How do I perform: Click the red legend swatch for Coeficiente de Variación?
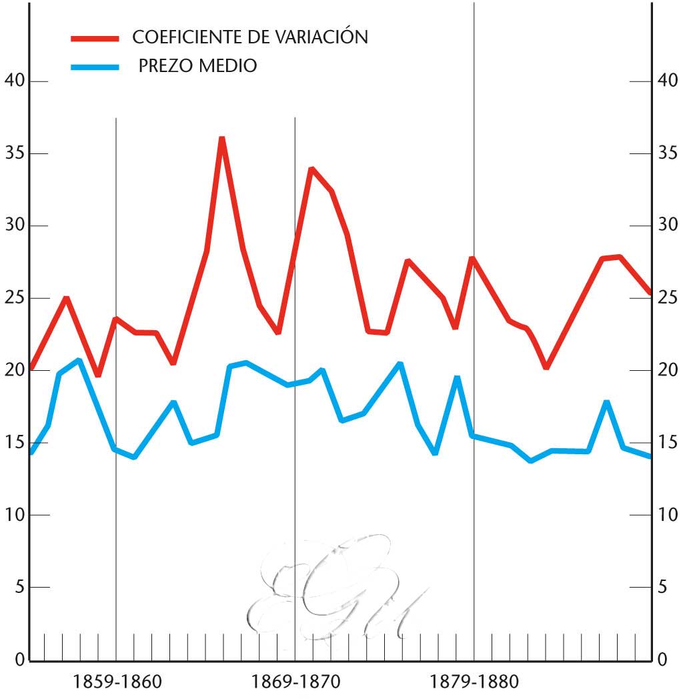95,39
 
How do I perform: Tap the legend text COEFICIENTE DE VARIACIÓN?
250,37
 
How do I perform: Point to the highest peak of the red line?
222,139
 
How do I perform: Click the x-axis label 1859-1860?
117,682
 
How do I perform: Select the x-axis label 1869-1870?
295,682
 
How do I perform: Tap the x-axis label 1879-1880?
474,682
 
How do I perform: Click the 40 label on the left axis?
14,81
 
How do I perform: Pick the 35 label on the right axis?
668,153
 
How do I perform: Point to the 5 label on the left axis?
19,588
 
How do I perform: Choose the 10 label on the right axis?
668,515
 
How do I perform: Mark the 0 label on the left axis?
19,660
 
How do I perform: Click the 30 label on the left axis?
14,225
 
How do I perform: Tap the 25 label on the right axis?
668,298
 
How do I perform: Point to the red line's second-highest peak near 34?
311,169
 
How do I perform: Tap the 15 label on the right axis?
668,443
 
